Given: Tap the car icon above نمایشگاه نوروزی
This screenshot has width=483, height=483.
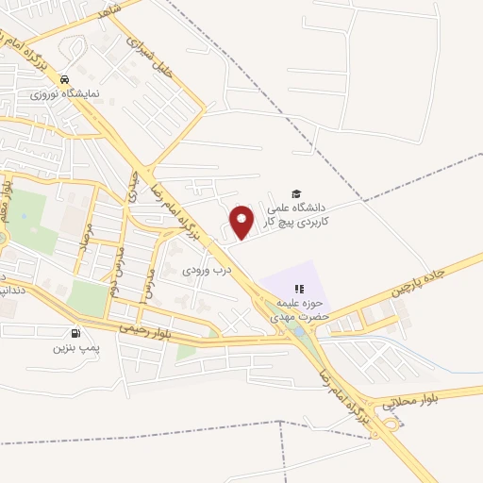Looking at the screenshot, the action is [64, 80].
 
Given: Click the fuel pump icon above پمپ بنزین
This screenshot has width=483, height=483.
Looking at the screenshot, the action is [75, 333].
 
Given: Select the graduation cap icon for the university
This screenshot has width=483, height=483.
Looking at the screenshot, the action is [297, 192].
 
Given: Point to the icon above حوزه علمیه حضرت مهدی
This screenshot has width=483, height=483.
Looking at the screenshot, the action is [300, 289].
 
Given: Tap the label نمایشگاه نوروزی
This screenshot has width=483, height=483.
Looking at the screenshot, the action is [57, 94].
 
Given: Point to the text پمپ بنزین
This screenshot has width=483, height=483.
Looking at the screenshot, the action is [75, 347].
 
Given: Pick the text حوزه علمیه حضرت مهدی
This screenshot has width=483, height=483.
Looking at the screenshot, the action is [300, 310].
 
